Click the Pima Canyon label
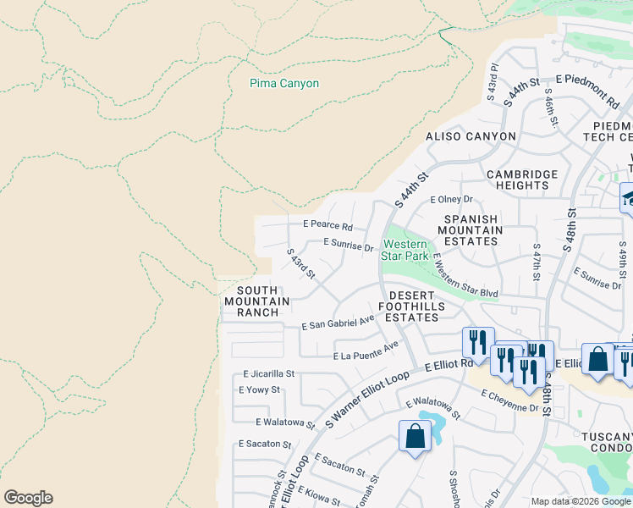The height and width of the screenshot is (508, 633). pos(284,84)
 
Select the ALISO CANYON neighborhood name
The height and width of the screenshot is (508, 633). pos(471,136)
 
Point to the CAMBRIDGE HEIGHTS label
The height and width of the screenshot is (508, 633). pos(522,179)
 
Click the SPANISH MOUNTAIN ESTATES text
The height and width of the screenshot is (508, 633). pos(470,229)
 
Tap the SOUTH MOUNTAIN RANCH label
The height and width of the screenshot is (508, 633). pos(257,301)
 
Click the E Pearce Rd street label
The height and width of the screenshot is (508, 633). pos(328,226)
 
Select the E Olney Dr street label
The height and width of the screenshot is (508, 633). pos(450,200)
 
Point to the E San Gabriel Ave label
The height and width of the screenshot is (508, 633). pos(338,323)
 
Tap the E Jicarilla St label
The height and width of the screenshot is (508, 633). pos(268,373)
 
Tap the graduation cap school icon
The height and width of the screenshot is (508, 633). pos(627,199)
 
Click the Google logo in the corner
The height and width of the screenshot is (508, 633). pos(28,498)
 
